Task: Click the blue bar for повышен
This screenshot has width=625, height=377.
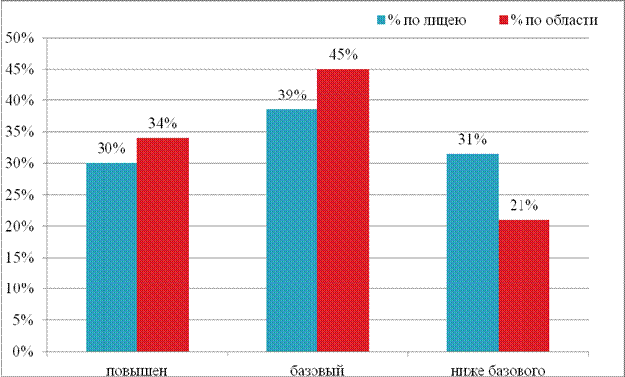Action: [x=111, y=258]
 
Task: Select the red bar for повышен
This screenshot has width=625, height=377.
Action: [x=163, y=245]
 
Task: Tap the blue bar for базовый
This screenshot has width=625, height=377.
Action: [x=292, y=231]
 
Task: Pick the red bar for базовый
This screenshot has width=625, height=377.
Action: [x=343, y=211]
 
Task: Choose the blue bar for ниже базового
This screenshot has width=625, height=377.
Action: [x=473, y=253]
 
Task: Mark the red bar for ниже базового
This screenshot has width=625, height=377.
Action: [x=523, y=285]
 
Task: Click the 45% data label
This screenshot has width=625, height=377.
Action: [x=343, y=55]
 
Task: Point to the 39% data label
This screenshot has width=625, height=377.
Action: [x=292, y=95]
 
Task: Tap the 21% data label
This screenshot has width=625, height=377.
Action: [x=523, y=205]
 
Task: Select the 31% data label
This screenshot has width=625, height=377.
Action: [x=473, y=140]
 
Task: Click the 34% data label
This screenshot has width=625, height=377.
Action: [x=163, y=124]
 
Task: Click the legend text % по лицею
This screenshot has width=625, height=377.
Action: [x=427, y=20]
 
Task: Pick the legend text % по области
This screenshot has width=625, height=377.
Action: [x=554, y=20]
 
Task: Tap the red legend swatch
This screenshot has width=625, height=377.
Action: [x=504, y=20]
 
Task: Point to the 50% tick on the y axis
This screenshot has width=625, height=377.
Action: [x=20, y=38]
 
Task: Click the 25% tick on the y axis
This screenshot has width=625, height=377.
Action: [x=20, y=195]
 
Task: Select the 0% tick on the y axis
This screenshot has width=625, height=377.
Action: [x=24, y=352]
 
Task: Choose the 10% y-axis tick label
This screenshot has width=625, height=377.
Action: [x=20, y=288]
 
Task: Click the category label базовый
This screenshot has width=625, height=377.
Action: [x=317, y=371]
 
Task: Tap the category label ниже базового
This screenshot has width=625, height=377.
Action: [x=498, y=371]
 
